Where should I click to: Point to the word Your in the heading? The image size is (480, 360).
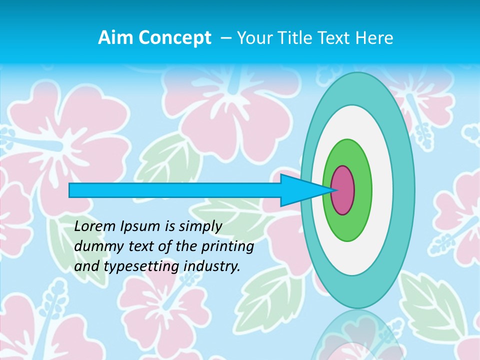tap(255, 38)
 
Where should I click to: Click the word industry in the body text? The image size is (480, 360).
tap(212, 267)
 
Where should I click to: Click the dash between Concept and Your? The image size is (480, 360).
tap(225, 38)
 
